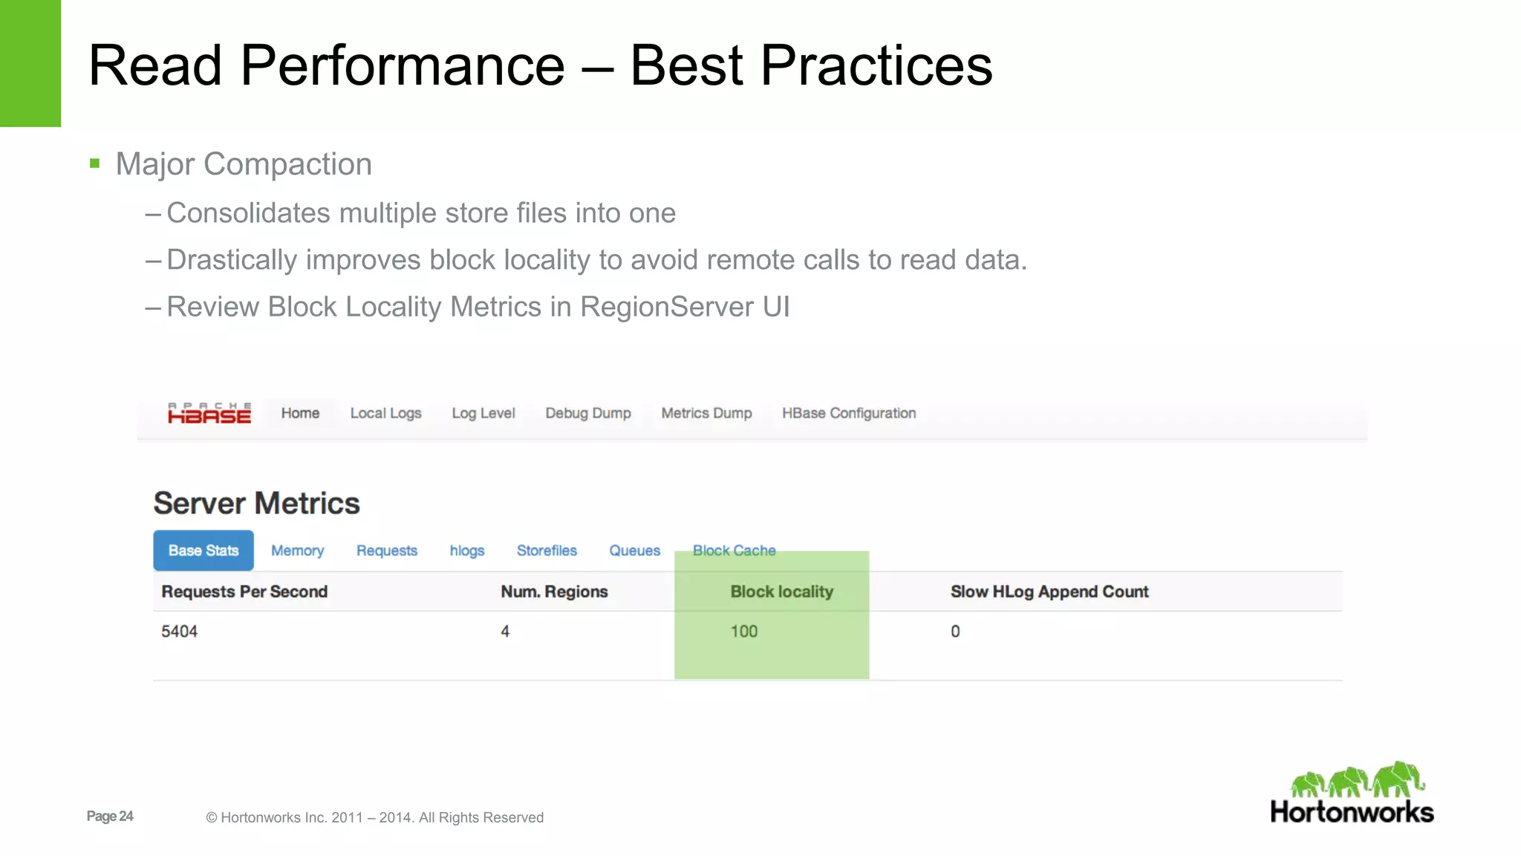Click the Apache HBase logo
coord(209,413)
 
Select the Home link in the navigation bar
coord(300,413)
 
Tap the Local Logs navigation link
coord(385,413)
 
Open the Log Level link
coord(483,413)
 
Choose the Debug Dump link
coord(588,413)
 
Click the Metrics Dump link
coord(706,413)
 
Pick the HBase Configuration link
coord(849,413)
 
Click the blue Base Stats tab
coord(203,551)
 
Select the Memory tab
coord(297,551)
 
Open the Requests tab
coord(387,551)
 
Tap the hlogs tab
coord(467,551)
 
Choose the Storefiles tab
coord(547,551)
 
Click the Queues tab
coord(634,551)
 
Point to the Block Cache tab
coord(734,551)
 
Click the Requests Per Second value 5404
coord(180,632)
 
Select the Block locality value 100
coord(744,632)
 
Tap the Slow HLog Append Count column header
coord(1049,591)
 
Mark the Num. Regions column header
coord(554,591)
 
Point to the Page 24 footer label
coord(110,816)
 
